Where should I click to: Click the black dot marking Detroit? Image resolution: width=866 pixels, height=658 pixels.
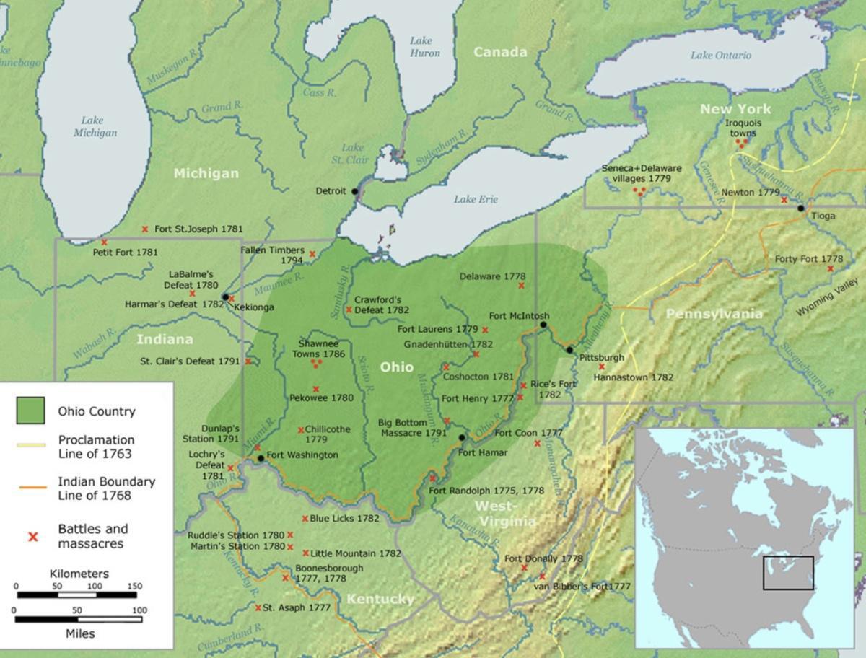pos(354,191)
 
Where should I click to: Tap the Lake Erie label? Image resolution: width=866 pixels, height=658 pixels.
pos(476,199)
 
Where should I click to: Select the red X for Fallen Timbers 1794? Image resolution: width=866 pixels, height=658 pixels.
pos(312,254)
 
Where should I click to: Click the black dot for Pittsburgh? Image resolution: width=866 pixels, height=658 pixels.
pos(569,350)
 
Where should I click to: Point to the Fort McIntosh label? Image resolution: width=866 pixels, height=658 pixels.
pos(519,316)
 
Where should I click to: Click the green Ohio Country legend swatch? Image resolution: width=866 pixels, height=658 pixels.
pos(30,411)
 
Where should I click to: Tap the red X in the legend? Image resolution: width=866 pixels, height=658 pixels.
pos(32,536)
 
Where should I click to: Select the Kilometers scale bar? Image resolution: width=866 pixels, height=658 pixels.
pos(76,595)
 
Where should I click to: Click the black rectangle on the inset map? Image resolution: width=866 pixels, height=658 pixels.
pos(788,573)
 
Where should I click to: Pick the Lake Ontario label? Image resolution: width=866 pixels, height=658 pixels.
pos(720,56)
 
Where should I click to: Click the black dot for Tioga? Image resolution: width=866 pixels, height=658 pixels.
pos(800,208)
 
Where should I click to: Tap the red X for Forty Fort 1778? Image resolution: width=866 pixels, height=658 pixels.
pos(831,268)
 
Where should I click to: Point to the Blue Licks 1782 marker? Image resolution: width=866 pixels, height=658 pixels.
pos(305,519)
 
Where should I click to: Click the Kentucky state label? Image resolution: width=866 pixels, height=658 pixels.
pos(380,600)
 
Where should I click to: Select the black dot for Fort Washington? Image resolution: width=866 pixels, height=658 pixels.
pos(261,458)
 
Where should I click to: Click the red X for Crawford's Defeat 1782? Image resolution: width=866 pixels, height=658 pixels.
pos(349,310)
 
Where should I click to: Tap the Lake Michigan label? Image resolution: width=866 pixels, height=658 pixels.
pos(95,126)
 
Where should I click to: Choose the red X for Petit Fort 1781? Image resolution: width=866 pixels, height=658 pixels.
pos(104,242)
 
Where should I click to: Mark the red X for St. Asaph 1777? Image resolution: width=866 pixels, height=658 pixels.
pos(258,607)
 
